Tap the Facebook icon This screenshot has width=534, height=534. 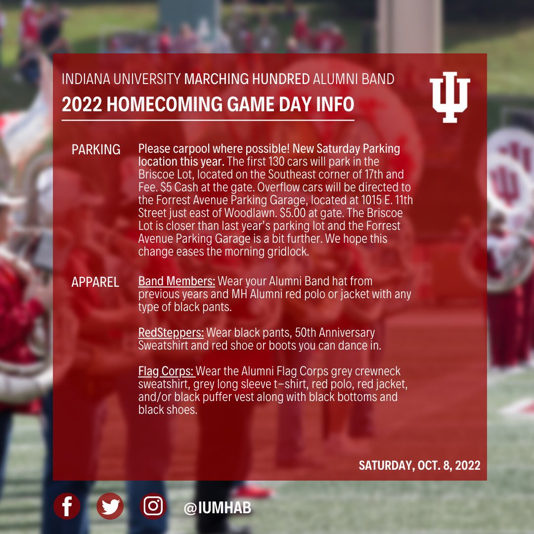tap(67, 506)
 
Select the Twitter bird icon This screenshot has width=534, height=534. tap(110, 506)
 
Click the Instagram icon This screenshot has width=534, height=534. tap(153, 506)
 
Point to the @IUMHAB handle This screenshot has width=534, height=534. tap(218, 508)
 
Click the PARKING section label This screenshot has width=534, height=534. tap(96, 150)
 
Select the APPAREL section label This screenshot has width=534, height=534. tap(95, 282)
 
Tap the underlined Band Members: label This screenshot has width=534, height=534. tap(177, 281)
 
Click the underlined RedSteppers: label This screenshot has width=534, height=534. tap(171, 332)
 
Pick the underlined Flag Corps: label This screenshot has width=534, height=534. tap(167, 371)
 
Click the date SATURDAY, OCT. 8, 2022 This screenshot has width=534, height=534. tap(419, 465)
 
